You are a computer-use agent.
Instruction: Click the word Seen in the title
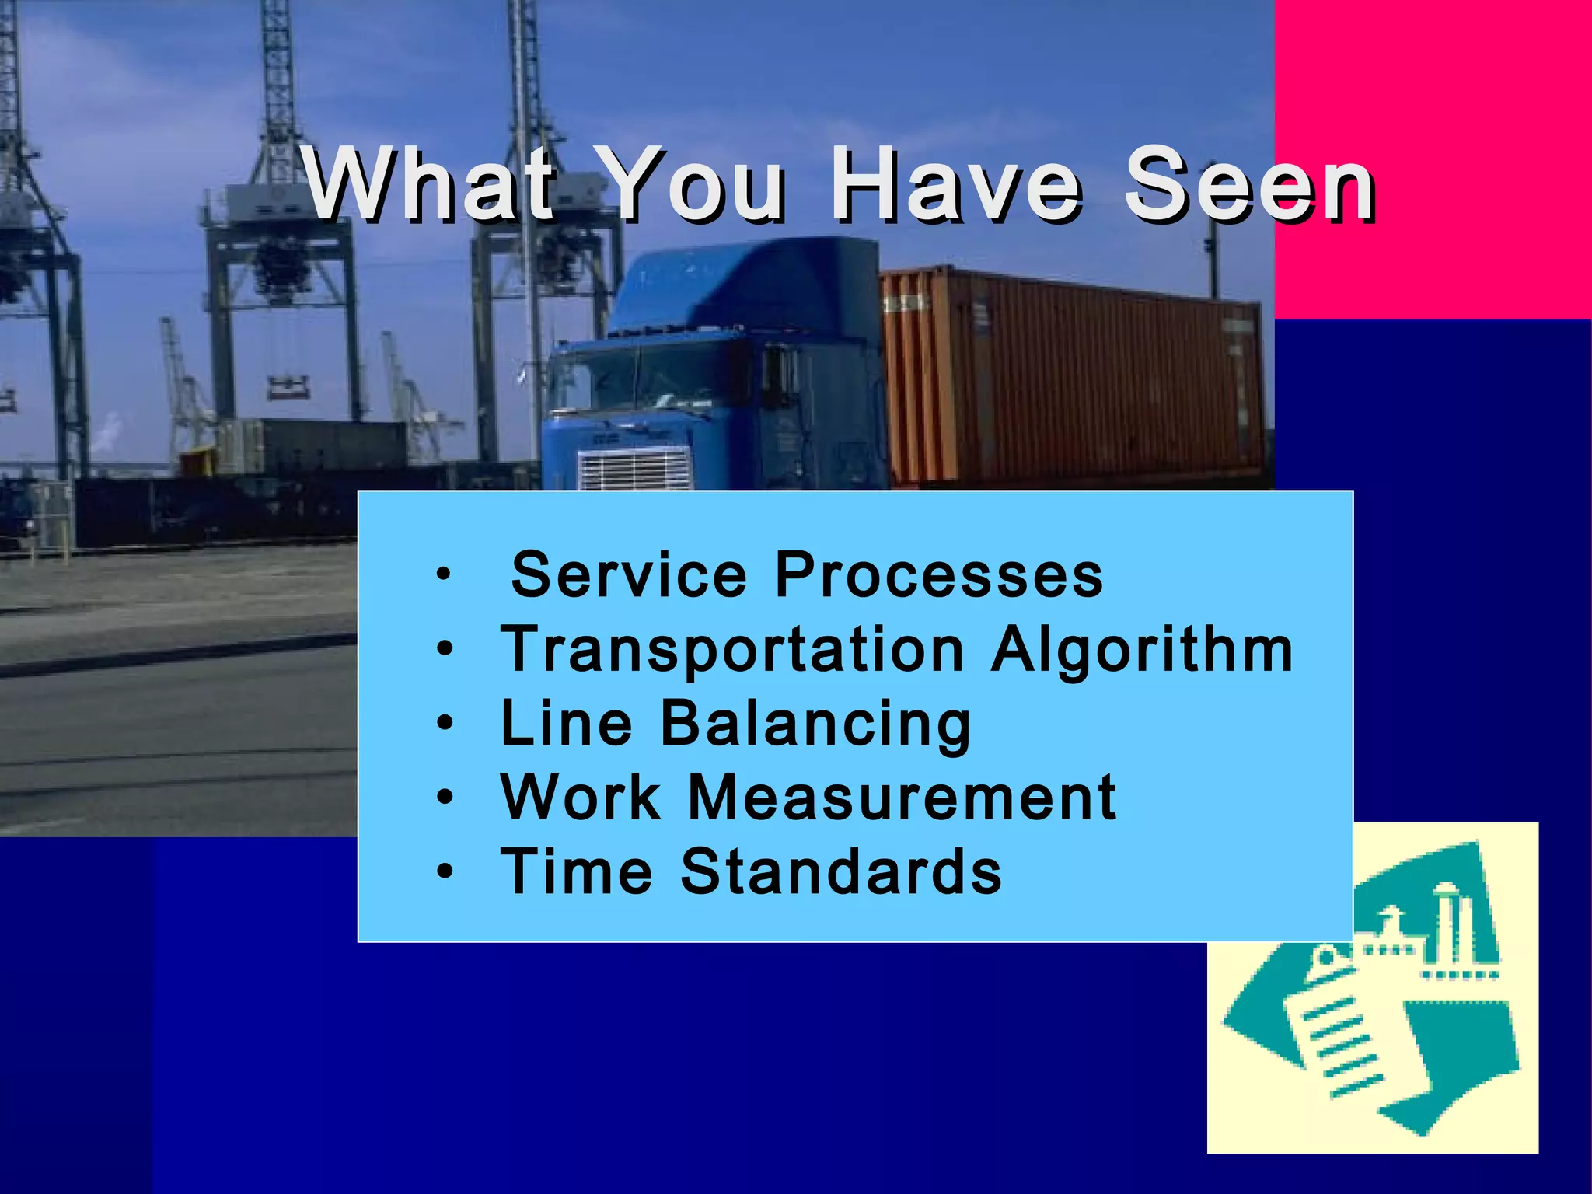1249,184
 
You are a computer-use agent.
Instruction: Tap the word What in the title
430,184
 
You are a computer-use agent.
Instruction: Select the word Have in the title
955,184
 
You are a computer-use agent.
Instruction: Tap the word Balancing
815,724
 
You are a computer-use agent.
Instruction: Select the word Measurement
902,797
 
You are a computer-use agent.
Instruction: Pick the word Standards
841,871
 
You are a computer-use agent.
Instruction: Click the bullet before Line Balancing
444,724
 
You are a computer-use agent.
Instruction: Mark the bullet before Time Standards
444,871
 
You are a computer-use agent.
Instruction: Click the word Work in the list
580,797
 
